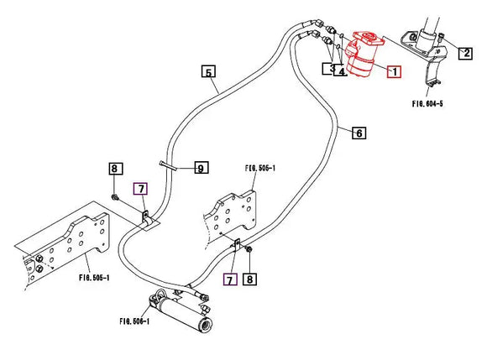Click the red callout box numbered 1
[393, 72]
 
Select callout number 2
[464, 53]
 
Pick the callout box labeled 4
[341, 71]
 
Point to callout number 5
[209, 71]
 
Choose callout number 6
[359, 133]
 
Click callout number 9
[200, 169]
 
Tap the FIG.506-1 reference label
[134, 321]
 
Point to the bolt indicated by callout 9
[167, 166]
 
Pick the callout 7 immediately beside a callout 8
[228, 278]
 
